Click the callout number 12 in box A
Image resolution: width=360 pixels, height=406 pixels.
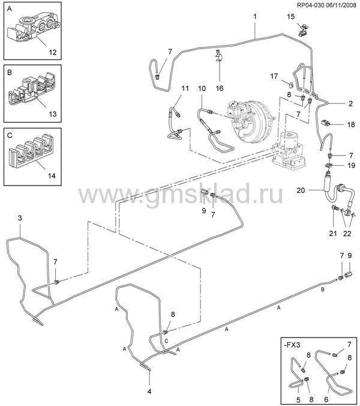tap(53, 52)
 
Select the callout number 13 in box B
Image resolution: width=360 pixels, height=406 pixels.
tap(53, 114)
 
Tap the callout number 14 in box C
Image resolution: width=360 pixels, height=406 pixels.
tap(52, 176)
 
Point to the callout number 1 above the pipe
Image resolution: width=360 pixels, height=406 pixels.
tap(255, 17)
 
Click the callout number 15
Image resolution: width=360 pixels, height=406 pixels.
tap(290, 17)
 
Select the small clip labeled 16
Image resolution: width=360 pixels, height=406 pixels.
tap(220, 55)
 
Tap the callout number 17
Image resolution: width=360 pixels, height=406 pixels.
tap(274, 76)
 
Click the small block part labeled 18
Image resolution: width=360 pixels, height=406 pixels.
tap(326, 123)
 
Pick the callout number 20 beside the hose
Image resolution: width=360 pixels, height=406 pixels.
tap(301, 190)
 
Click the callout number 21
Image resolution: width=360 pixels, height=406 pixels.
tap(333, 233)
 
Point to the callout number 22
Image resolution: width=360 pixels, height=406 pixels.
tap(347, 233)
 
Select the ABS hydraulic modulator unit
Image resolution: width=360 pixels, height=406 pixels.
tap(290, 150)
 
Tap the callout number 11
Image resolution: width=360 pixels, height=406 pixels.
tap(185, 88)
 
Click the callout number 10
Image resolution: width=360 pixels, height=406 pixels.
tap(202, 88)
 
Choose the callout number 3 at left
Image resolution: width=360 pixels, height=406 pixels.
tap(20, 218)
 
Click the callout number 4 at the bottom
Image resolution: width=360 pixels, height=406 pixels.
tap(149, 391)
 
